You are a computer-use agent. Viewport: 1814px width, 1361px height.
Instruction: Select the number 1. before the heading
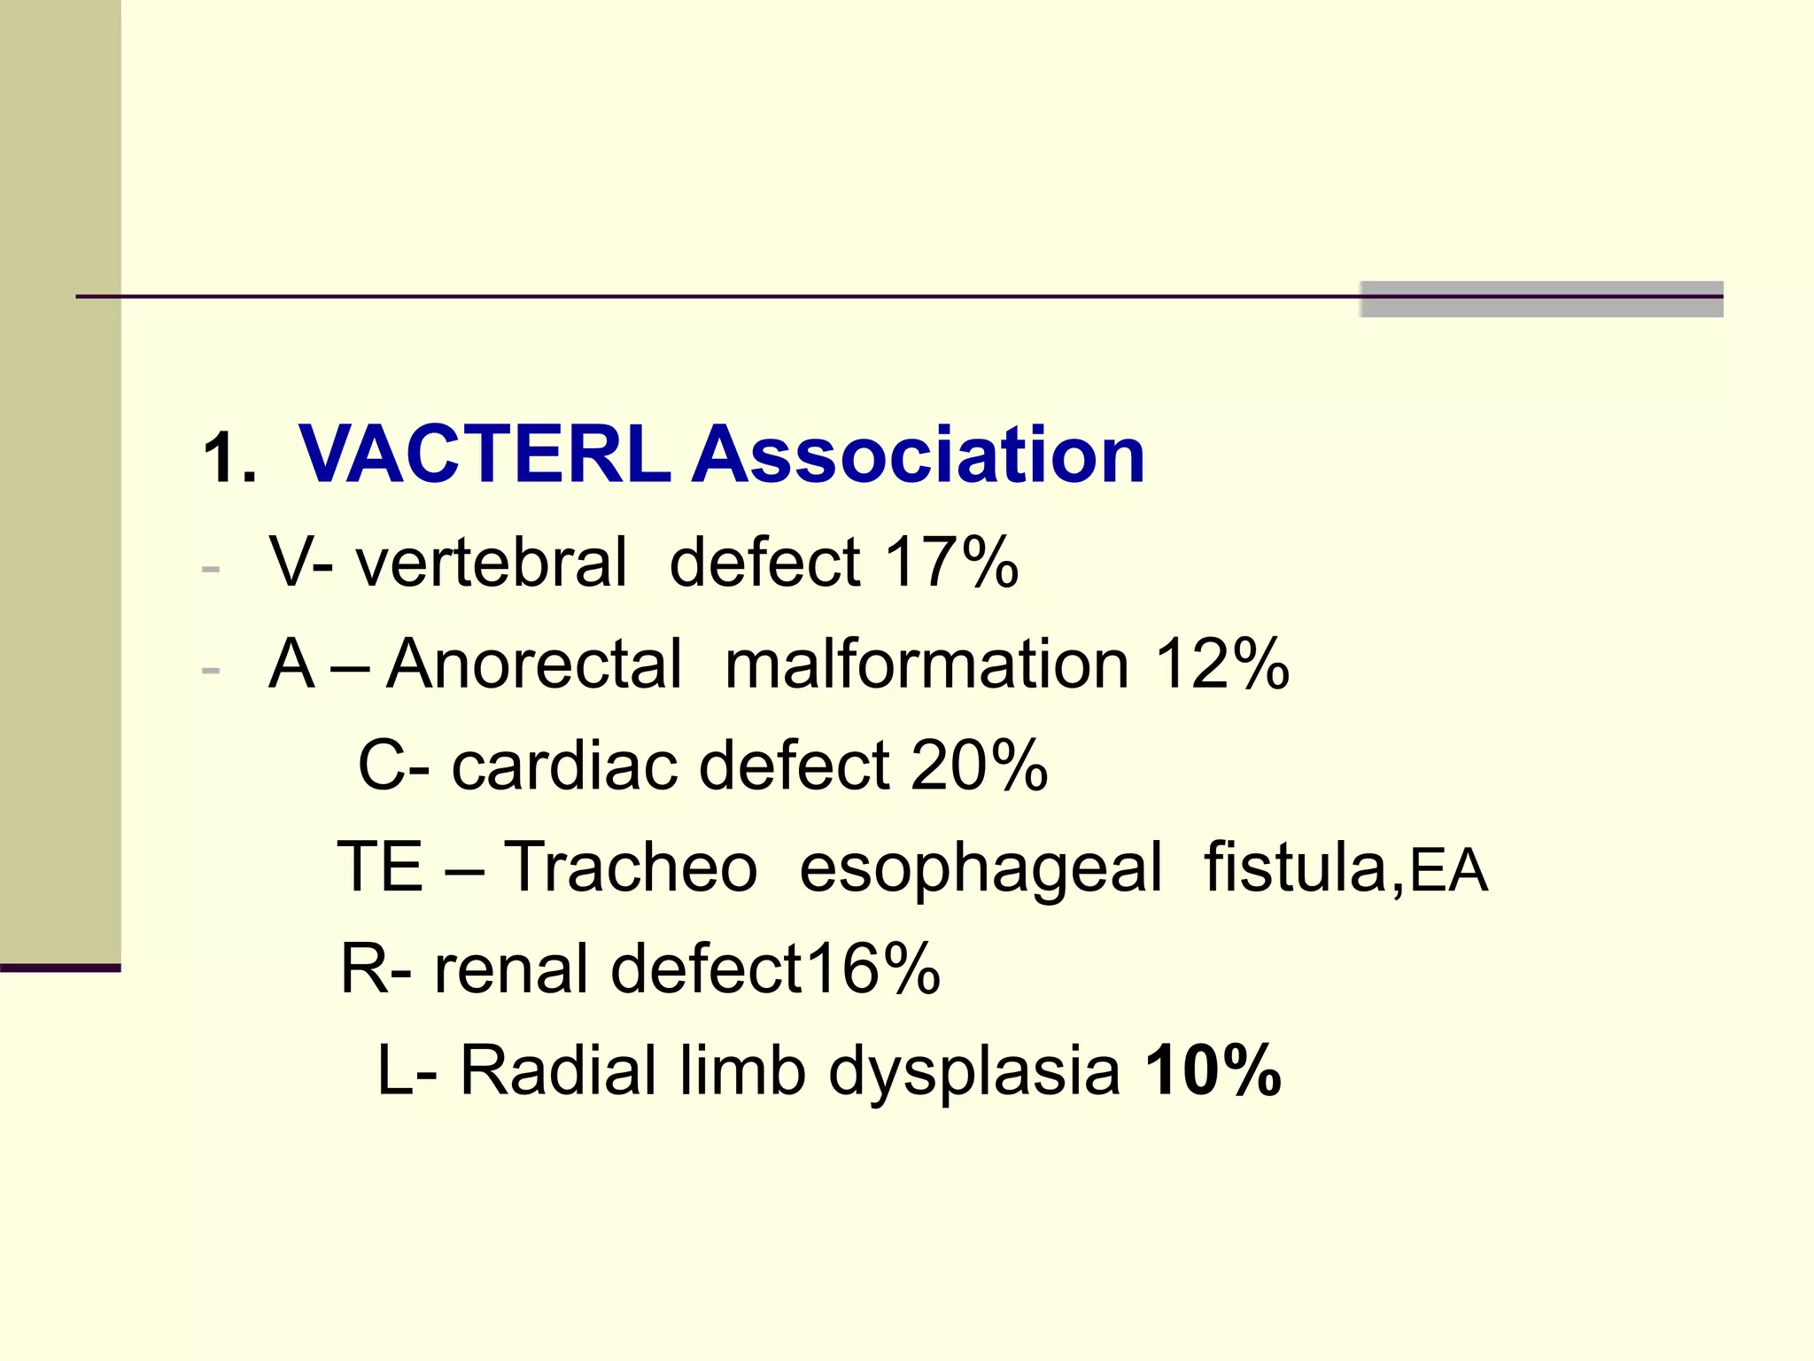[x=229, y=460]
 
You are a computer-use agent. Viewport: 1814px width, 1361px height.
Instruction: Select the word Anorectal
[x=534, y=664]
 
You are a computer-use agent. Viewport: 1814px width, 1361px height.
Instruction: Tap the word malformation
[x=926, y=664]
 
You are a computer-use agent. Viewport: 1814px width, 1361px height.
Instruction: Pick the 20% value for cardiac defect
[x=979, y=766]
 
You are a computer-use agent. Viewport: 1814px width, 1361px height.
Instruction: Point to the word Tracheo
[x=631, y=867]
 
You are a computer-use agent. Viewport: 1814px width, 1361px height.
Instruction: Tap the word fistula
[x=1298, y=867]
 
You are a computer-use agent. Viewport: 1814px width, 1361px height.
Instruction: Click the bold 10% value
[x=1213, y=1070]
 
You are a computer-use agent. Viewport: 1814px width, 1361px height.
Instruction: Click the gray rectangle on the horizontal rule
[x=1540, y=299]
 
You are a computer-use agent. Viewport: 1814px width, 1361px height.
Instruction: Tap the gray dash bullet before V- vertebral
[x=211, y=568]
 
